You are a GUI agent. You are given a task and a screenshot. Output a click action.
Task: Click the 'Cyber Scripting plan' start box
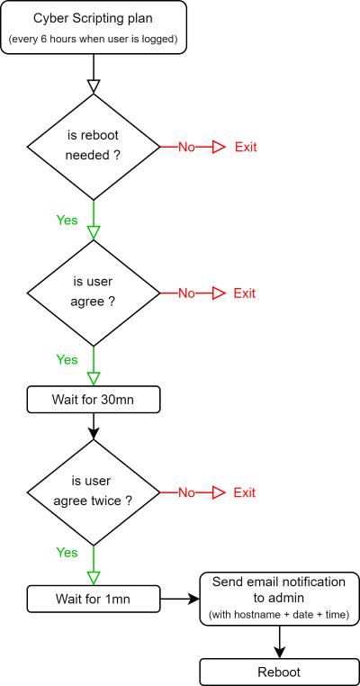[94, 27]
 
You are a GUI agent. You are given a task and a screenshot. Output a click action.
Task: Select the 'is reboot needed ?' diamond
[94, 147]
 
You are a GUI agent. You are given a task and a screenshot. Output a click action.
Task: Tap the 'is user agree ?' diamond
[94, 293]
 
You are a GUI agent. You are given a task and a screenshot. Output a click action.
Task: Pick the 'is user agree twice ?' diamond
[94, 492]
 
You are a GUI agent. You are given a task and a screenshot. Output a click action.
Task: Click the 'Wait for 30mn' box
[94, 399]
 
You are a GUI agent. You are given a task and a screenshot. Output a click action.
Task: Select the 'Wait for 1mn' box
[94, 599]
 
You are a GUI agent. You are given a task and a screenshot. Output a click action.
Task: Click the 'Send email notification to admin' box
[279, 599]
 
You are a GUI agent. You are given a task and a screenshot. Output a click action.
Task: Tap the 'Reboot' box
[279, 672]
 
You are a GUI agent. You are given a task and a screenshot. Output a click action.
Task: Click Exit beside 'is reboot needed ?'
[246, 147]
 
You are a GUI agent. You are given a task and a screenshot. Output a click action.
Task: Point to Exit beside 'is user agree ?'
[245, 293]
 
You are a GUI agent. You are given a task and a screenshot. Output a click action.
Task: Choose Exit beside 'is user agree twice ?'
[245, 492]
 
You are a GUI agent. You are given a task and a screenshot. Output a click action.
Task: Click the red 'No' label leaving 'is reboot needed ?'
[186, 148]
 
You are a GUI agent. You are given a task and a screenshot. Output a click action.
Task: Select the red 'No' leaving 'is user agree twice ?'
[186, 492]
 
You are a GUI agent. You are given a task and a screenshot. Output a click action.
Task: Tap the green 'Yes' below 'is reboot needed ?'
[67, 220]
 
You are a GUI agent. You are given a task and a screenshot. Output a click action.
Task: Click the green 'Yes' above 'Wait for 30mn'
[67, 359]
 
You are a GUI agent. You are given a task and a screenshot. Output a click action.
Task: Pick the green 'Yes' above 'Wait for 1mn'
[67, 553]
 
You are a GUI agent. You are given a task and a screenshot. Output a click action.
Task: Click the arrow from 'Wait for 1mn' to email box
[180, 599]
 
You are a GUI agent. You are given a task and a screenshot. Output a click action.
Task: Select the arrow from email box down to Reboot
[279, 642]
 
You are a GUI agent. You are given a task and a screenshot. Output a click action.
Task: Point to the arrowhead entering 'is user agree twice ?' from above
[94, 433]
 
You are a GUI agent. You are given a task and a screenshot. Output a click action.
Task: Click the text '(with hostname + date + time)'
[279, 615]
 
